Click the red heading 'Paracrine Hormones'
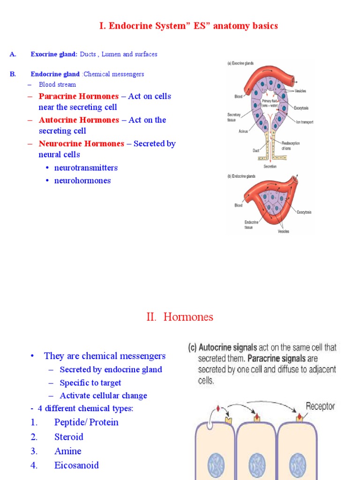pyautogui.click(x=79, y=96)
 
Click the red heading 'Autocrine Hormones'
pyautogui.click(x=79, y=120)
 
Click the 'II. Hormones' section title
pyautogui.click(x=180, y=317)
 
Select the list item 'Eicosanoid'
pyautogui.click(x=76, y=465)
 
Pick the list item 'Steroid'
pyautogui.click(x=68, y=437)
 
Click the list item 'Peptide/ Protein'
pyautogui.click(x=86, y=422)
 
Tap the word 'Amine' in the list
pyautogui.click(x=67, y=451)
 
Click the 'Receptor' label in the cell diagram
pyautogui.click(x=320, y=406)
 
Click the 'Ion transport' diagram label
pyautogui.click(x=304, y=122)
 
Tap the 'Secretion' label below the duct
pyautogui.click(x=270, y=166)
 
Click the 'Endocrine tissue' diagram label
pyautogui.click(x=251, y=225)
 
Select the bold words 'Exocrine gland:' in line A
pyautogui.click(x=54, y=54)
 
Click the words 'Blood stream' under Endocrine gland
pyautogui.click(x=57, y=85)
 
